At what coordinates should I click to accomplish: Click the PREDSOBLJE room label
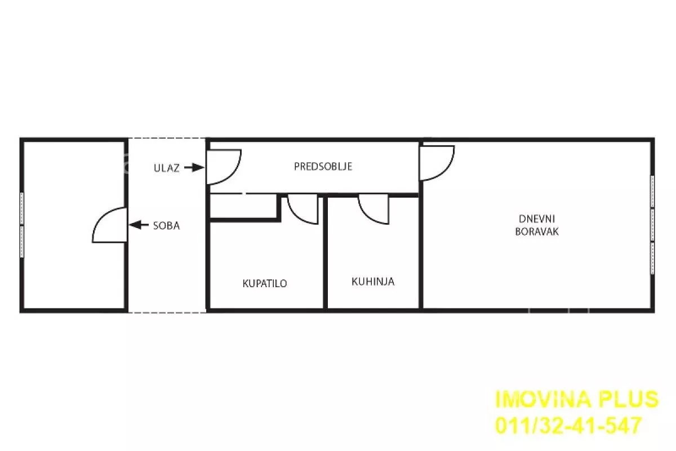pyautogui.click(x=323, y=167)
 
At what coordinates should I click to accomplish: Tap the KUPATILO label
pyautogui.click(x=265, y=284)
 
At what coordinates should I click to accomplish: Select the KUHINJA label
pyautogui.click(x=373, y=282)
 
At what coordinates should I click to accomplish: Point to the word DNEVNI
pyautogui.click(x=537, y=218)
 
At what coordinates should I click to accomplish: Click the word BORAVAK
pyautogui.click(x=537, y=231)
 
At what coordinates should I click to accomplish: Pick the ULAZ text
pyautogui.click(x=167, y=168)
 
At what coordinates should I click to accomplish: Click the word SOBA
pyautogui.click(x=167, y=226)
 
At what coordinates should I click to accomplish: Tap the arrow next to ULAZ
pyautogui.click(x=194, y=167)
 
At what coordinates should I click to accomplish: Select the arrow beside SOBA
pyautogui.click(x=139, y=225)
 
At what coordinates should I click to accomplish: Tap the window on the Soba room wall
pyautogui.click(x=22, y=225)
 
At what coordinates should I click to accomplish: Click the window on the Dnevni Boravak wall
pyautogui.click(x=652, y=225)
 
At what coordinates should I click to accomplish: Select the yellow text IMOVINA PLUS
pyautogui.click(x=577, y=399)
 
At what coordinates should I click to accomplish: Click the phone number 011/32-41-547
pyautogui.click(x=568, y=425)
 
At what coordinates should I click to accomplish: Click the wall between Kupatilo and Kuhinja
pyautogui.click(x=326, y=253)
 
